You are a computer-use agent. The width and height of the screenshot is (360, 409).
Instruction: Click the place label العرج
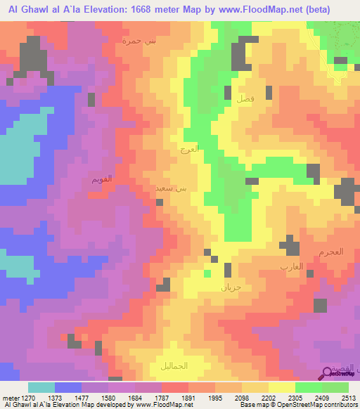[189, 149]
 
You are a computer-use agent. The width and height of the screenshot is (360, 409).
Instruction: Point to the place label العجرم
[329, 252]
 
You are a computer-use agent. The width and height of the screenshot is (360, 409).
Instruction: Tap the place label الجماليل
[172, 366]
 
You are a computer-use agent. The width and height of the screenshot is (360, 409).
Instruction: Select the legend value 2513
[349, 397]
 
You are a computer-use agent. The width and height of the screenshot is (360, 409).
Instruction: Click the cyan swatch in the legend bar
[41, 387]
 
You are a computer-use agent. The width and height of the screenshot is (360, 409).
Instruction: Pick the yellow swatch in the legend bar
[282, 387]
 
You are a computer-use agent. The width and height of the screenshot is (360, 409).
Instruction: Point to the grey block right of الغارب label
[320, 304]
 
